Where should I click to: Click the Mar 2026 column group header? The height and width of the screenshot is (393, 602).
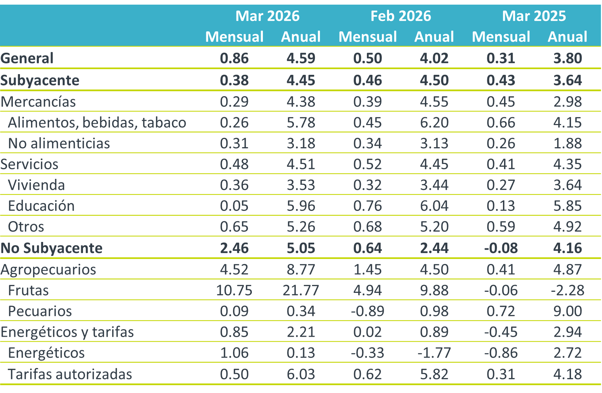point(268,16)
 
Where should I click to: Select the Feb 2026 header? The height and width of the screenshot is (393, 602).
point(401,16)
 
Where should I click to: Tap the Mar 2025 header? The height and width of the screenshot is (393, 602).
point(534,16)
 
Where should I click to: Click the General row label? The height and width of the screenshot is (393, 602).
point(27,58)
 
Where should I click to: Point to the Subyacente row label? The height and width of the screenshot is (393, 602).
point(40,80)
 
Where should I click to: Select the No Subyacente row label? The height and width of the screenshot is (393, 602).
point(52,248)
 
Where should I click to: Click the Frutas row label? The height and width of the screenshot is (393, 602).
point(28,290)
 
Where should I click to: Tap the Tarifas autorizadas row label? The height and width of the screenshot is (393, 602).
point(70,374)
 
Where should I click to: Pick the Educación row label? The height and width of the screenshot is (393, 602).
point(41,206)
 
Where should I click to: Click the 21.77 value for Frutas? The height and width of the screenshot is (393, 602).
point(301,290)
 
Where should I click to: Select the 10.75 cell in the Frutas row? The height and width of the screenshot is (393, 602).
point(234,290)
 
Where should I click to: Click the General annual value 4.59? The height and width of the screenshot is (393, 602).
point(301,58)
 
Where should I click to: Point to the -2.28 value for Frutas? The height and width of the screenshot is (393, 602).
point(567,290)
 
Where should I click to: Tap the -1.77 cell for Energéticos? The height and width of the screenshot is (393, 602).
point(434,353)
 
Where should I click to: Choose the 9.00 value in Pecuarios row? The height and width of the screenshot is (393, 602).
point(567,311)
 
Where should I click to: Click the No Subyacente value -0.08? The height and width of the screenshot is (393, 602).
point(501,248)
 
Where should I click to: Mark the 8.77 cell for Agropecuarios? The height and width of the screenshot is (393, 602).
point(301,269)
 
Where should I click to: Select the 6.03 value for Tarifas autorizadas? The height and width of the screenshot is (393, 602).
point(301,374)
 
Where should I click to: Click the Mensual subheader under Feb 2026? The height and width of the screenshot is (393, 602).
point(368,37)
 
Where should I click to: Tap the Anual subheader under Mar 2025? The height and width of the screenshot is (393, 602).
point(567,37)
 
